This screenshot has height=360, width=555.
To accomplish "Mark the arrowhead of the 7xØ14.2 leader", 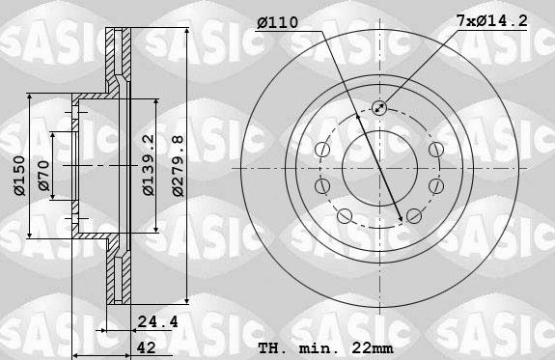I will (384, 102).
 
